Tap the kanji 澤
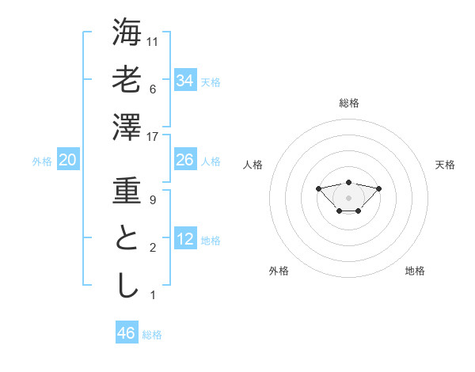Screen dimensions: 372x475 (127, 127)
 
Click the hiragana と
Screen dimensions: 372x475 (127, 240)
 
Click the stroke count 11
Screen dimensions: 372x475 (154, 42)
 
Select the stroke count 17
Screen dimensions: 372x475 (154, 137)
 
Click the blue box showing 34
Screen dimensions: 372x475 (184, 80)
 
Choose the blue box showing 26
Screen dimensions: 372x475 (184, 160)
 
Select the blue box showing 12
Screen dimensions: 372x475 (184, 239)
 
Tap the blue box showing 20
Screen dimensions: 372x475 (67, 160)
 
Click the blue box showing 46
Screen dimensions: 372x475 (126, 332)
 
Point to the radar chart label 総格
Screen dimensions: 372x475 (348, 103)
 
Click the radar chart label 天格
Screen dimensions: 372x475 (446, 165)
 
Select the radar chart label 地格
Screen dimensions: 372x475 (415, 271)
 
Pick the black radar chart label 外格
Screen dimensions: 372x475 (279, 271)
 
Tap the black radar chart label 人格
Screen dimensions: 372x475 (253, 165)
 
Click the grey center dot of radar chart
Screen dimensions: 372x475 (348, 198)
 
